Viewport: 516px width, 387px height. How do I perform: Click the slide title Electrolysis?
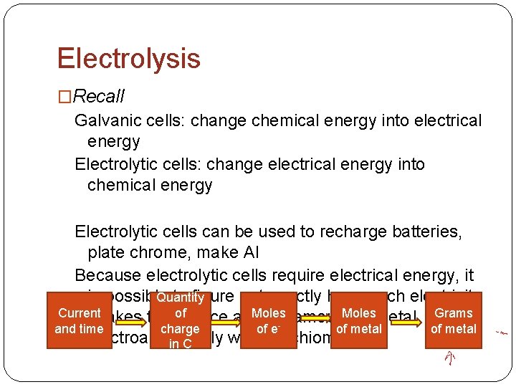[128, 58]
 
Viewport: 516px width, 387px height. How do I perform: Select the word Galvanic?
[106, 120]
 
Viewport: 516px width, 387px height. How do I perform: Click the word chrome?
[152, 252]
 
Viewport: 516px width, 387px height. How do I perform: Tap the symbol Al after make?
[248, 252]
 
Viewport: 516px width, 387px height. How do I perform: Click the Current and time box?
[80, 320]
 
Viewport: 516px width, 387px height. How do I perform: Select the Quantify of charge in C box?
[180, 320]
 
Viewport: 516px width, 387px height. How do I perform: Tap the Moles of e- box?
[269, 320]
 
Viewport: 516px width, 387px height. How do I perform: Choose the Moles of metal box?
[359, 320]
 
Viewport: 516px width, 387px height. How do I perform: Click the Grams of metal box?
[454, 320]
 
